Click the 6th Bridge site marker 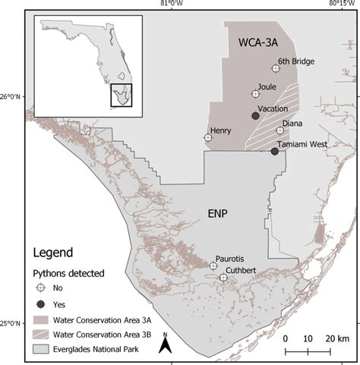click(x=276, y=68)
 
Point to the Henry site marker click(x=208, y=138)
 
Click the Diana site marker click(x=280, y=131)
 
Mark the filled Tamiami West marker click(x=274, y=152)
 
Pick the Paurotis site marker click(x=213, y=266)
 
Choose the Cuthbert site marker click(x=223, y=278)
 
